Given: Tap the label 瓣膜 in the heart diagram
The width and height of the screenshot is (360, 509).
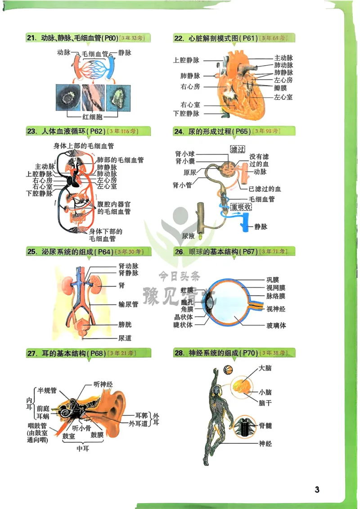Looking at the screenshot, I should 283,87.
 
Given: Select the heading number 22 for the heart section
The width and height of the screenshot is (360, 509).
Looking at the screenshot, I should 179,38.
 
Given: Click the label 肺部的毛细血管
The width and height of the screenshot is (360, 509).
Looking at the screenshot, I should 121,160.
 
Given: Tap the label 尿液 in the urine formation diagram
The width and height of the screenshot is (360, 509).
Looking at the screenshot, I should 189,235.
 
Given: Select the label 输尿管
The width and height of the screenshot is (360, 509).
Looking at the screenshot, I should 128,305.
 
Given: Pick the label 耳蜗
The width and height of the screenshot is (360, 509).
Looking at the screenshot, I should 43,417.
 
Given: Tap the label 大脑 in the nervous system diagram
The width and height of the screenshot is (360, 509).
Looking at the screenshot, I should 265,369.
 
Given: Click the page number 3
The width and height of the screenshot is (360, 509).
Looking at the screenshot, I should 317,490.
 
